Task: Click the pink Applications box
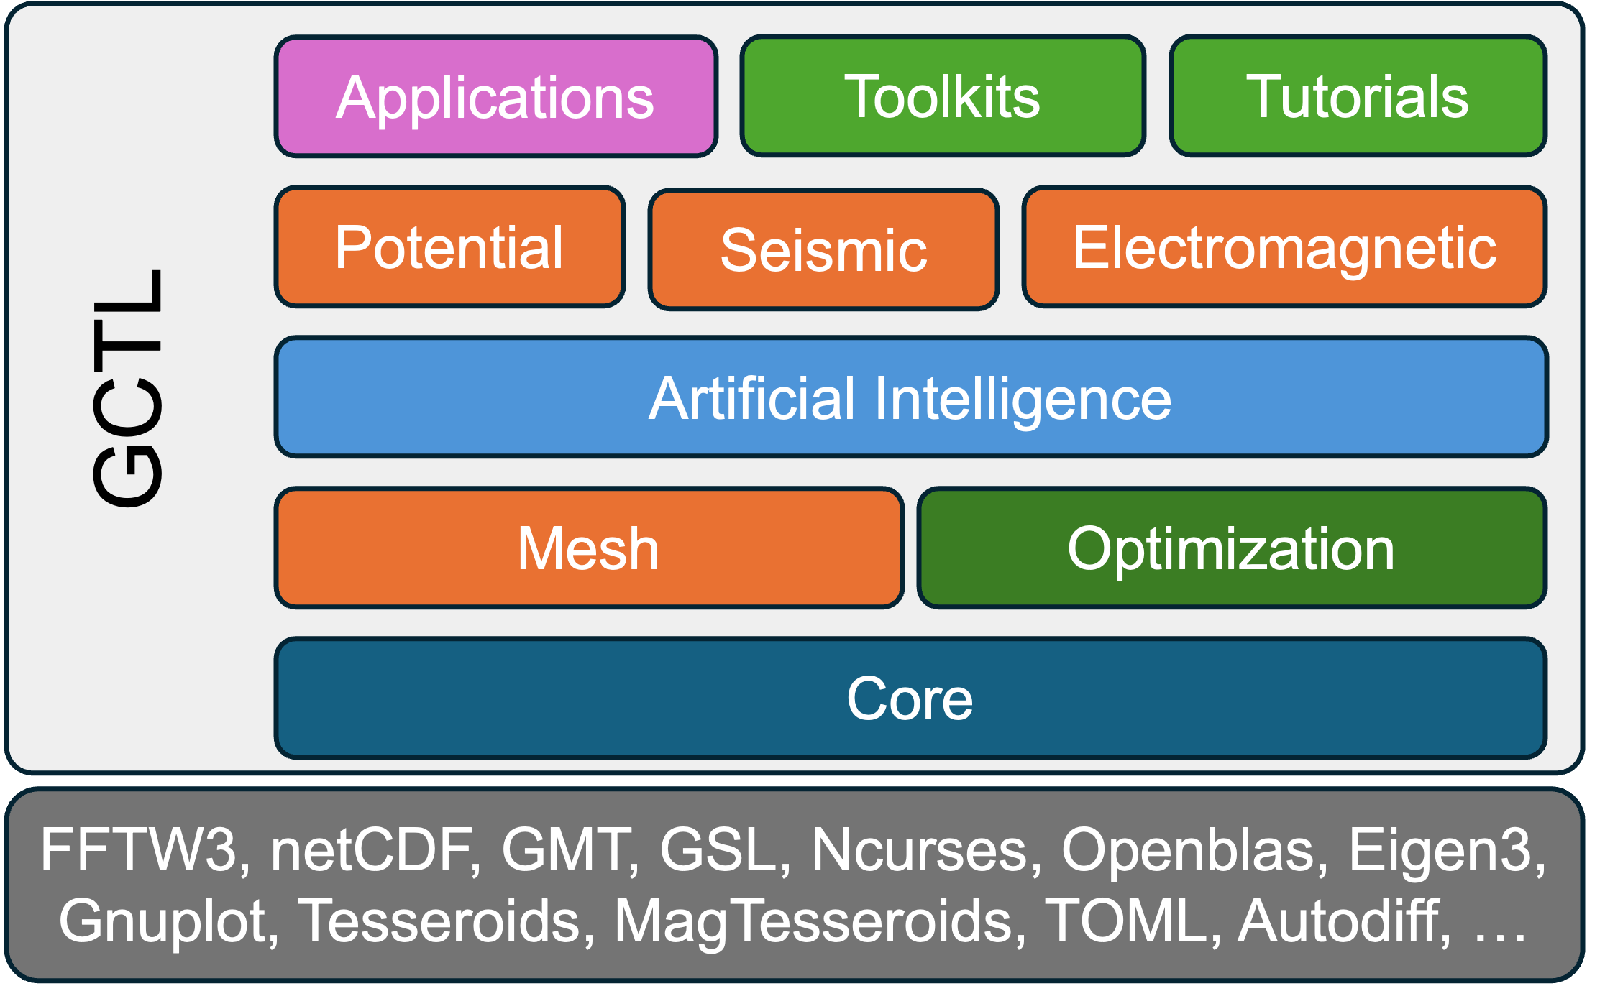(x=496, y=96)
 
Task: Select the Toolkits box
(x=943, y=96)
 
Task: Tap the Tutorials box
(x=1358, y=96)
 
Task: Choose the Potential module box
(x=449, y=247)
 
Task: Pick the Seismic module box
(x=823, y=249)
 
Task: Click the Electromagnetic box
(x=1284, y=247)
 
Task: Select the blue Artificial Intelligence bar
(x=911, y=397)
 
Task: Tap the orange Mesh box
(x=589, y=548)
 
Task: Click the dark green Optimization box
(x=1232, y=548)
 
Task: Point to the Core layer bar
(x=910, y=698)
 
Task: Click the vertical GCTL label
(x=128, y=388)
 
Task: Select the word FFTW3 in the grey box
(x=139, y=850)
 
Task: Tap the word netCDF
(x=371, y=850)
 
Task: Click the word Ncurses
(x=920, y=850)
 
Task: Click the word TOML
(x=1126, y=922)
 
